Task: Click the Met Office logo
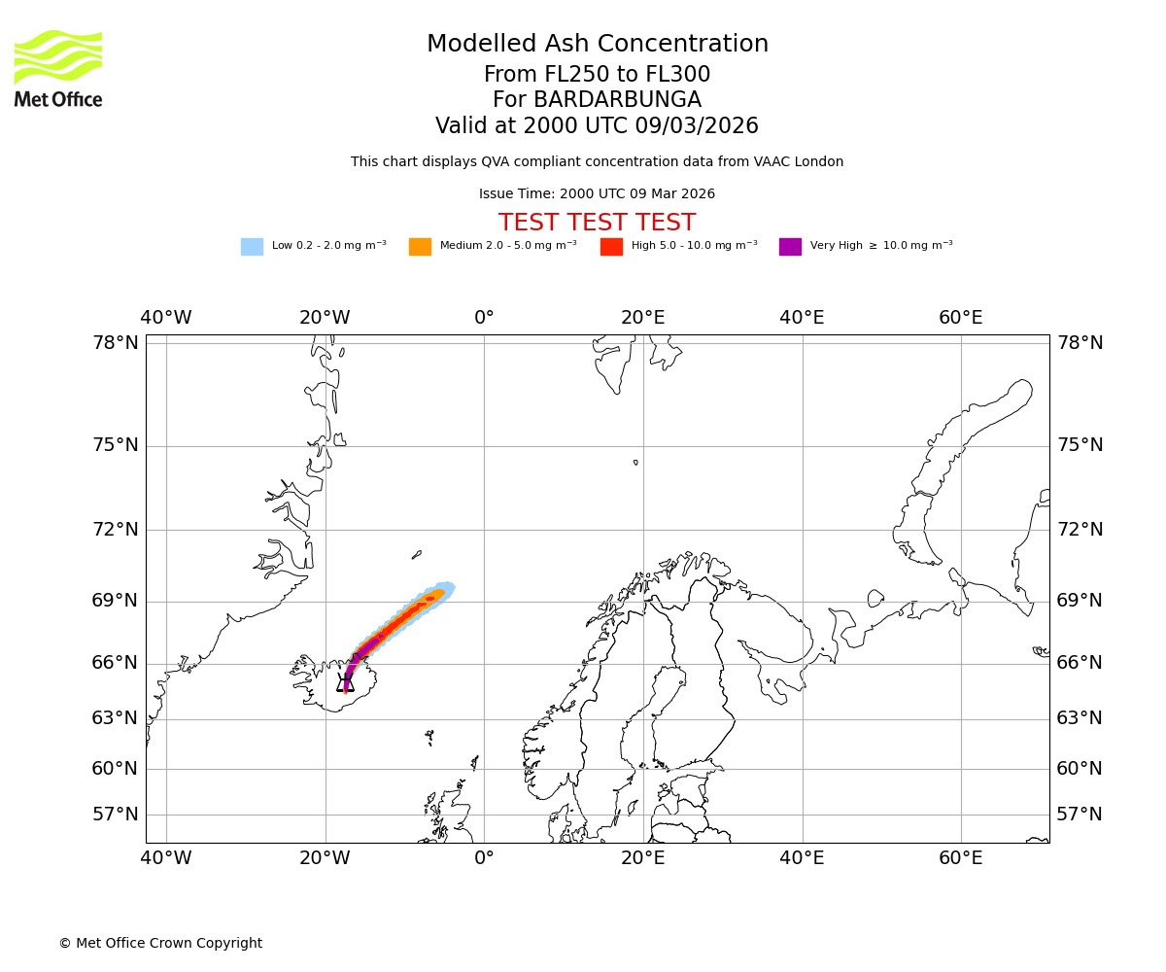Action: [x=58, y=68]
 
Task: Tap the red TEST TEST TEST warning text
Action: [x=597, y=223]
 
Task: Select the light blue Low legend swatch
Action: [x=252, y=246]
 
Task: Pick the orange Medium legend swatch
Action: [x=420, y=246]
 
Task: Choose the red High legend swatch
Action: [x=611, y=246]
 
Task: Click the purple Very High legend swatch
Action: [x=790, y=246]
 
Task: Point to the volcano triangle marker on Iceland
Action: [x=345, y=682]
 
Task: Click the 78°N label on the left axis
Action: [x=116, y=343]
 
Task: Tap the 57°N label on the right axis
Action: [x=1080, y=815]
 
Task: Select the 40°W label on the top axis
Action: [x=166, y=318]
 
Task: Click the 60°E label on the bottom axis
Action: [x=961, y=858]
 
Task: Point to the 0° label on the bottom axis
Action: [x=484, y=858]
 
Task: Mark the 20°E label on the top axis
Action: [x=643, y=318]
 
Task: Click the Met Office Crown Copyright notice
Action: [x=160, y=943]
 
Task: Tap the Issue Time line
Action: [x=597, y=194]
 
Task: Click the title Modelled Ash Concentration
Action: [x=597, y=44]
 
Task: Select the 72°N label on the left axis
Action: [x=116, y=530]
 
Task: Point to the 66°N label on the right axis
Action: [x=1080, y=663]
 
